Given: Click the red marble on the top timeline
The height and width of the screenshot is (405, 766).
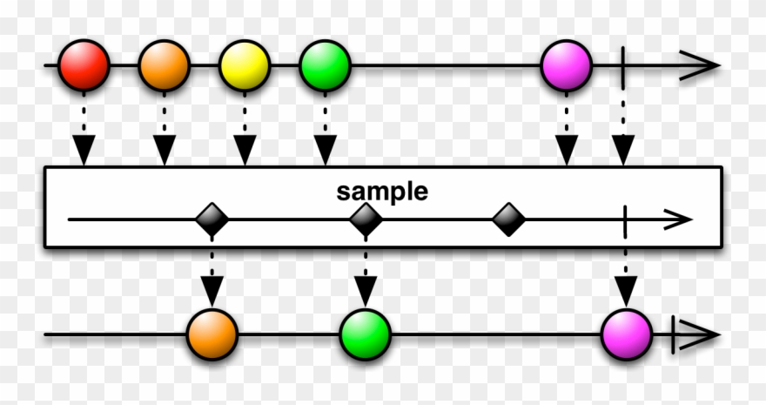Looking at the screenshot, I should click(x=84, y=65).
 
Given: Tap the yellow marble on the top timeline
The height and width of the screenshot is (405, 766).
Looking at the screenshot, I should click(x=245, y=65).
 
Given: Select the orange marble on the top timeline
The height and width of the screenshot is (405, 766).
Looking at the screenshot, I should click(x=164, y=65).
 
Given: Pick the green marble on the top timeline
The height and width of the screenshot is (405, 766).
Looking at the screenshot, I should click(x=325, y=65).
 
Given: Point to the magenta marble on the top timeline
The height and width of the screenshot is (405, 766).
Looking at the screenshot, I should click(x=567, y=65).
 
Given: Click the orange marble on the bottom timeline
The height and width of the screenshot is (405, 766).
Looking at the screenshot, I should click(x=212, y=334).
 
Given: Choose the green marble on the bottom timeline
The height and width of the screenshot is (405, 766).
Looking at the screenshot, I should click(x=366, y=334).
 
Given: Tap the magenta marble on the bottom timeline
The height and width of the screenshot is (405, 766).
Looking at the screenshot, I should click(x=627, y=334).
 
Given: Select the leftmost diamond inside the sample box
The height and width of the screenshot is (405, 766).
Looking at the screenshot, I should click(x=212, y=219).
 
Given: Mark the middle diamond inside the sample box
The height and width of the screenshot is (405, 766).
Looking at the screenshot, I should click(x=366, y=219).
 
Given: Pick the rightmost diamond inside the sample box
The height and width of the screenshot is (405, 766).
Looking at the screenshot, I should click(x=508, y=219).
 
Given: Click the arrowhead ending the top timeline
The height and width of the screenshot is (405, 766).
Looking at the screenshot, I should click(x=701, y=65).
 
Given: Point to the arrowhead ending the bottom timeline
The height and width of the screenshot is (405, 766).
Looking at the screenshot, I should click(x=701, y=334).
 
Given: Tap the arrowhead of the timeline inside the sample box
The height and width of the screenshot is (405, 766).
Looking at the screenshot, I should click(x=676, y=219).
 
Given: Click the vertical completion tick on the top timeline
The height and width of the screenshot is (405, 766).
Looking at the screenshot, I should click(x=623, y=65).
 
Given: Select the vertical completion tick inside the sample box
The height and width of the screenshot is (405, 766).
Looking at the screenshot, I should click(x=626, y=219).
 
